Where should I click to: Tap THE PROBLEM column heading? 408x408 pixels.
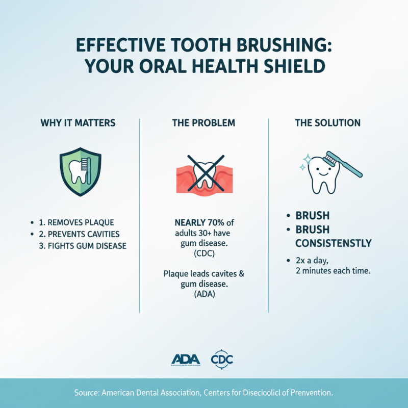(x=203, y=123)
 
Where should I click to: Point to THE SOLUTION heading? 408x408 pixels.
(x=328, y=123)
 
